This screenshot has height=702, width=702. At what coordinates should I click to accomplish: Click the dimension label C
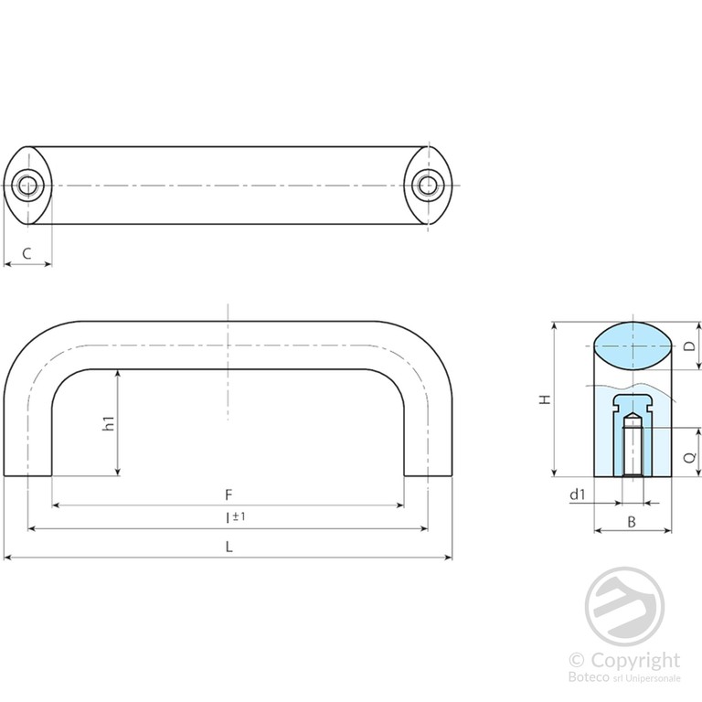coord(27,253)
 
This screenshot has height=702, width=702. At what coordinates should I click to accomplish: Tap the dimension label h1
coord(109,423)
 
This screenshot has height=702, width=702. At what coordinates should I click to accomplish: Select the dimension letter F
coord(229,495)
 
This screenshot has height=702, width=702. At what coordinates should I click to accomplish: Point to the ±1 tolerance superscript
coord(239,516)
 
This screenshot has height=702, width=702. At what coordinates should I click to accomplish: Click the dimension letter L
coord(229,547)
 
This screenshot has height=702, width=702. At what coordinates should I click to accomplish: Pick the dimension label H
coord(545,399)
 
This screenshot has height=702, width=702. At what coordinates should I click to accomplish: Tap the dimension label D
coord(691,346)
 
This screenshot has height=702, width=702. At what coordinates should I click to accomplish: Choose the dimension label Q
coord(691,457)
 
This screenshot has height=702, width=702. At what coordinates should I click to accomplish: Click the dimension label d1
coord(577,495)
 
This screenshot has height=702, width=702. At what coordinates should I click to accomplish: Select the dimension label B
coord(632,522)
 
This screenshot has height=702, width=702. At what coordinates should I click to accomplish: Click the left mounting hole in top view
coord(27,185)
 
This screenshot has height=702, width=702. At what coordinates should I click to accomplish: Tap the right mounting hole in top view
coord(428,185)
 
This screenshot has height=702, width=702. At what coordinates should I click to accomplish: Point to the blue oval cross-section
coord(633,346)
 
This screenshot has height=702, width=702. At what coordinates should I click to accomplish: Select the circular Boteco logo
coord(624,607)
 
